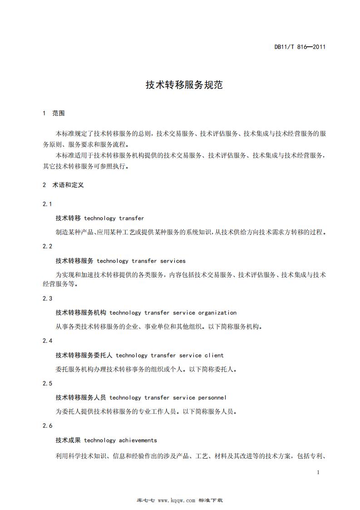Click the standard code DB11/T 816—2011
point(300,46)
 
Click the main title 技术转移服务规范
point(184,85)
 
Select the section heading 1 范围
point(54,113)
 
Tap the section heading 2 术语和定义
point(63,185)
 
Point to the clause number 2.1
point(48,204)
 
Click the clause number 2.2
point(48,246)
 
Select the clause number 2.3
point(48,298)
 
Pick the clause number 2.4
point(48,341)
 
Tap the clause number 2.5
point(48,383)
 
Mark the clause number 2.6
point(48,426)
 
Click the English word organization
point(217,312)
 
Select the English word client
point(214,355)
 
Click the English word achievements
point(138,440)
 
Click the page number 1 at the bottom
point(318,472)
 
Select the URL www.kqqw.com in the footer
point(177,500)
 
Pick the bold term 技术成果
point(68,440)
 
